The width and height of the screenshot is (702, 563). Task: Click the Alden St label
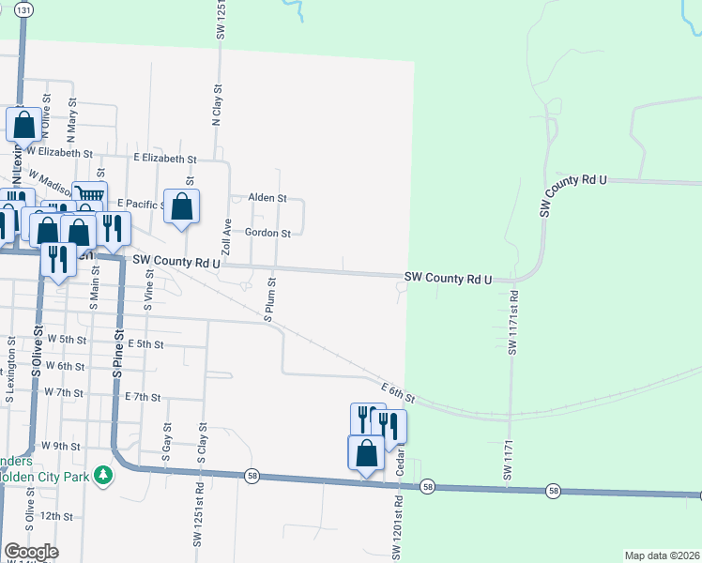pyautogui.click(x=267, y=199)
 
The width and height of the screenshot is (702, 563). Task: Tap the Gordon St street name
pyautogui.click(x=268, y=233)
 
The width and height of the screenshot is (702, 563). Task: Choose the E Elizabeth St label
pyautogui.click(x=165, y=160)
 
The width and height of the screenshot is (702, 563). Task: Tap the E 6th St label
pyautogui.click(x=397, y=391)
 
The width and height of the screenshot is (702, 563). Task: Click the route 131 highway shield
pyautogui.click(x=23, y=8)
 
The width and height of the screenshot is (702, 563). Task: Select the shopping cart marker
pyautogui.click(x=89, y=195)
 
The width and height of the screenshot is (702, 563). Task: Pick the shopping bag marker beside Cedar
pyautogui.click(x=366, y=453)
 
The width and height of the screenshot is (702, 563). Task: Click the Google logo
pyautogui.click(x=31, y=552)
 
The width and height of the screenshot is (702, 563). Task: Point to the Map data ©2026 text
pyautogui.click(x=661, y=555)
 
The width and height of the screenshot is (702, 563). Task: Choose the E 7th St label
pyautogui.click(x=143, y=397)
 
